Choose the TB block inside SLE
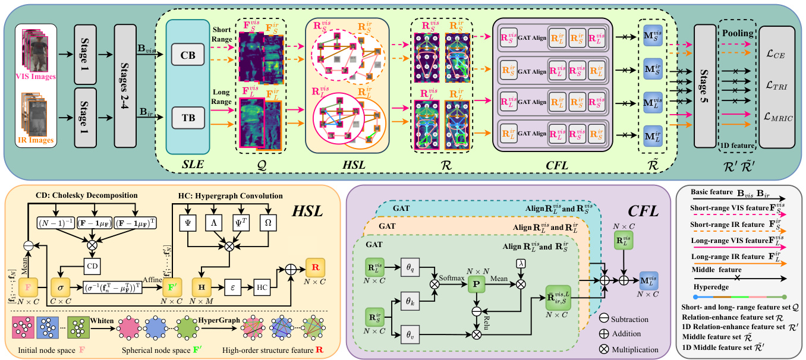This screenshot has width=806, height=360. point(187,118)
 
